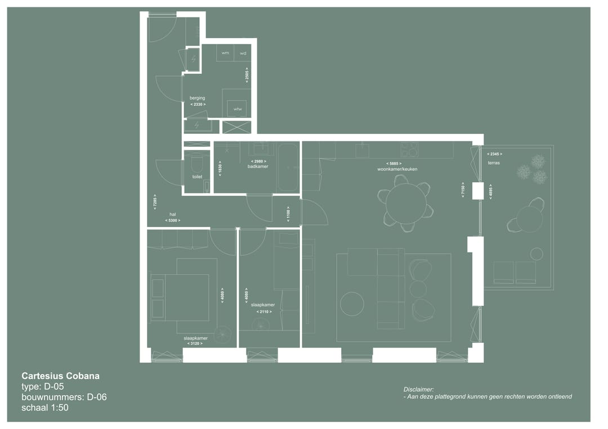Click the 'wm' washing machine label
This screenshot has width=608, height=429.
point(225,53)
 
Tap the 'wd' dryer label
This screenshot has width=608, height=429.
point(243,53)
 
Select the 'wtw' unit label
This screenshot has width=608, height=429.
point(238,109)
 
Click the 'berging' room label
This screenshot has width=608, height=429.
point(197,98)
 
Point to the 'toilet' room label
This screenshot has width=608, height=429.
point(197,177)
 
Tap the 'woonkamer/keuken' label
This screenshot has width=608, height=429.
point(397,169)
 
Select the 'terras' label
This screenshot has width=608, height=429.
point(494,163)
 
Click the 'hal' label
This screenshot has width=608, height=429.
point(173,214)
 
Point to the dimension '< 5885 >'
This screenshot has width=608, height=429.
point(394,164)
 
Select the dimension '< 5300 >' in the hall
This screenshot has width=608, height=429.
point(173,220)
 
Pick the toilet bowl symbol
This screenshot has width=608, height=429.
point(197,164)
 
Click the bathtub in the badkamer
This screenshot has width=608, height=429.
point(288,167)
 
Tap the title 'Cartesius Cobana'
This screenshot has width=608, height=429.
point(60,376)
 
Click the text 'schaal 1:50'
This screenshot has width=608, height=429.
point(45,408)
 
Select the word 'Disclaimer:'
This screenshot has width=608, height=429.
point(419,389)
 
